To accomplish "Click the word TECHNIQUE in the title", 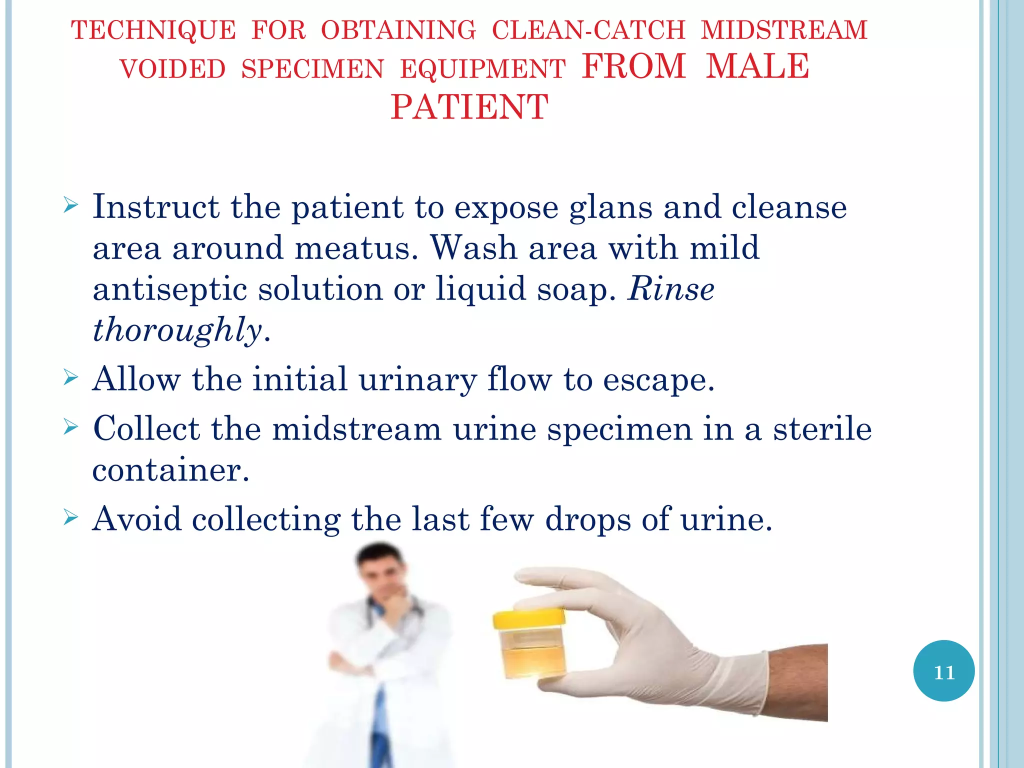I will [153, 30].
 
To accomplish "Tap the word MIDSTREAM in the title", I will [784, 30].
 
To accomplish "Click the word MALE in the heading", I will [757, 66].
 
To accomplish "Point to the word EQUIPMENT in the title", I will [482, 69].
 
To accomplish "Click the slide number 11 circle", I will [943, 671].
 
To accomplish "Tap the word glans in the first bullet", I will [610, 207].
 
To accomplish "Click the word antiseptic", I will [169, 290].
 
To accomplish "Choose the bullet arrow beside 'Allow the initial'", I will [71, 378].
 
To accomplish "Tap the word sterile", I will [822, 429].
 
